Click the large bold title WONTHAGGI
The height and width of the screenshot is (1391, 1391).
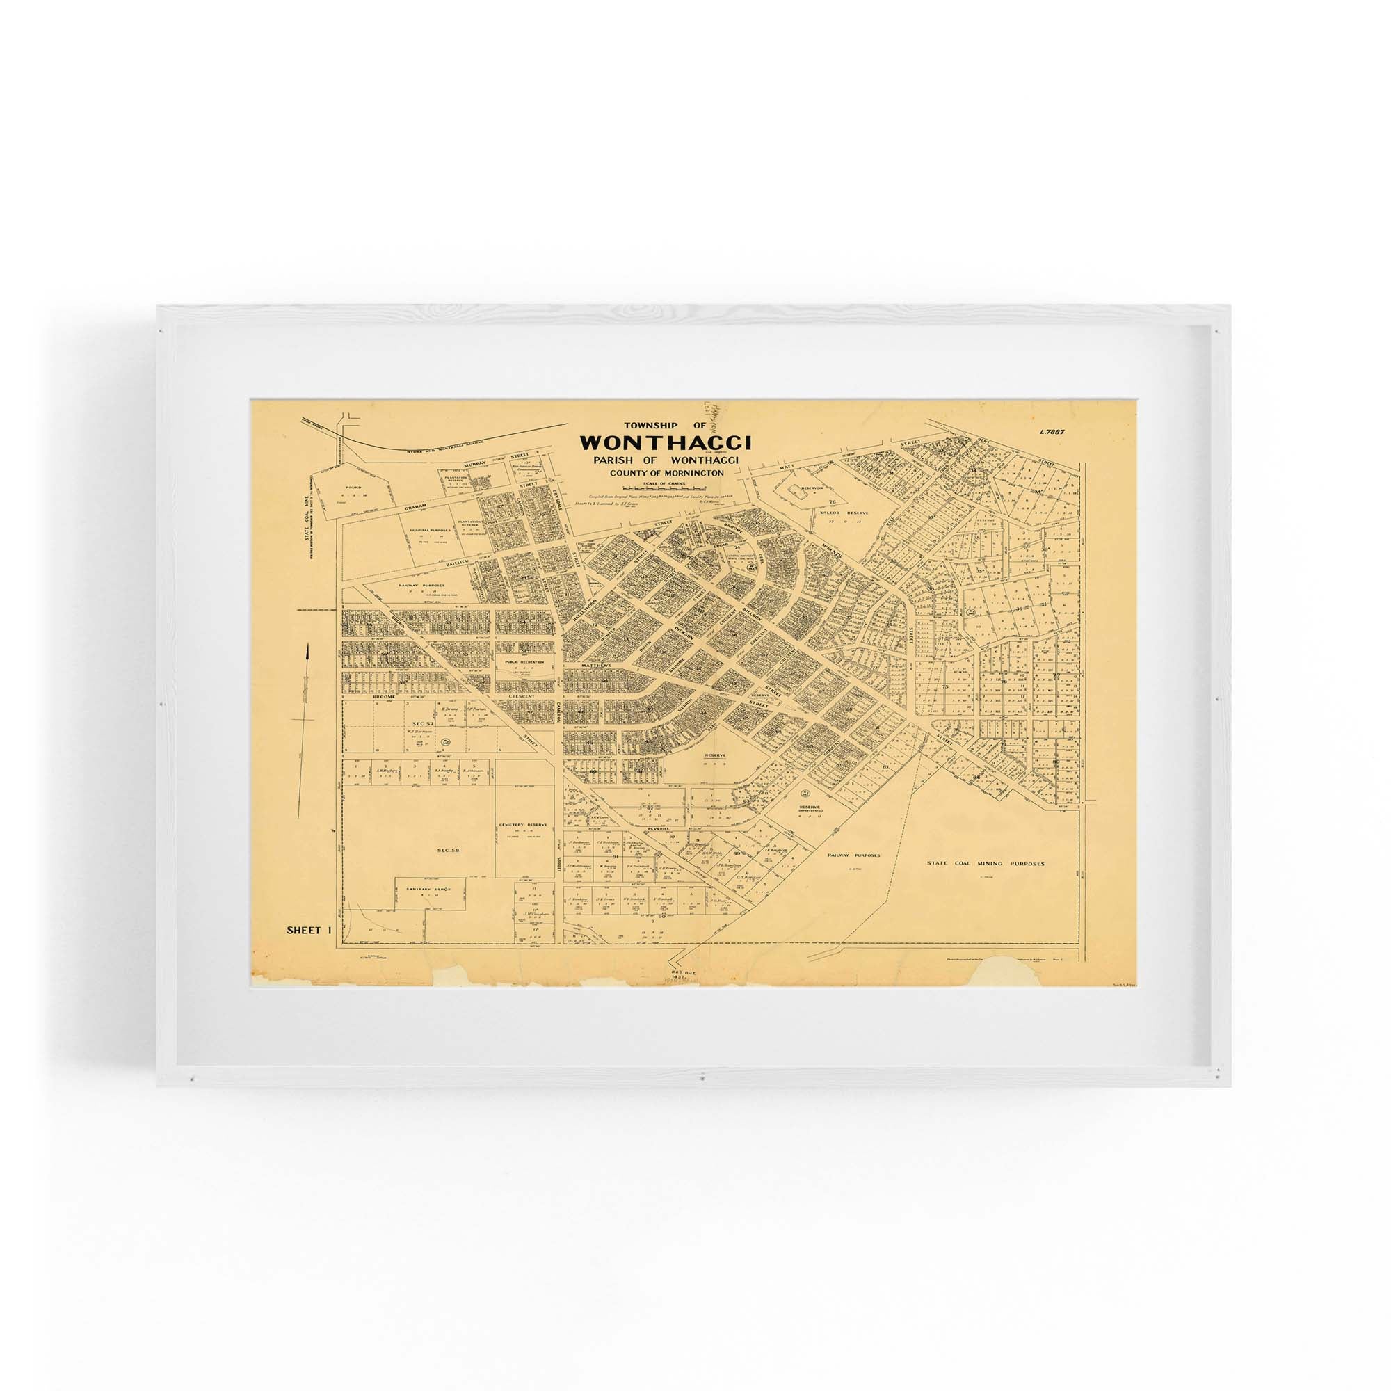[666, 442]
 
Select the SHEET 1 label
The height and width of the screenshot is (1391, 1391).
[308, 929]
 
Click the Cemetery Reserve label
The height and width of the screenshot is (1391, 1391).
[524, 824]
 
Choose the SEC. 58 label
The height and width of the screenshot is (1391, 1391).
[448, 851]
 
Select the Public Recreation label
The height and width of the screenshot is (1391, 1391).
[524, 661]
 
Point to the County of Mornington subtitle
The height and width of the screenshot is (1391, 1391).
[666, 473]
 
